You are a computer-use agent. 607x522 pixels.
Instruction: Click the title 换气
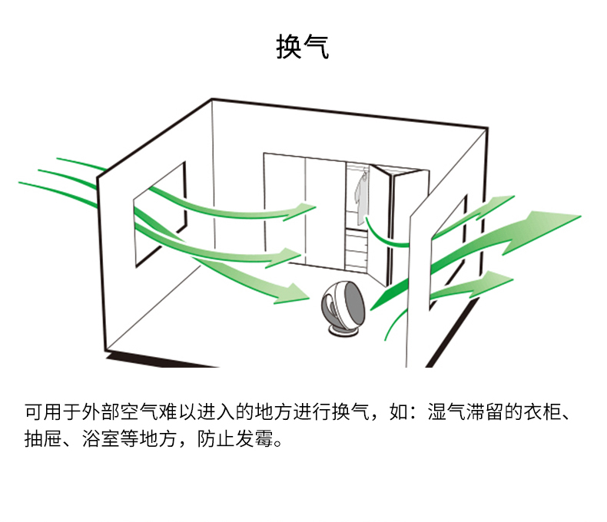pos(303,47)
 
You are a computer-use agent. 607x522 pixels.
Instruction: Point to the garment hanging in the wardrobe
pos(361,196)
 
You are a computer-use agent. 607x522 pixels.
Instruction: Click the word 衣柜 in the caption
pos(547,412)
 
